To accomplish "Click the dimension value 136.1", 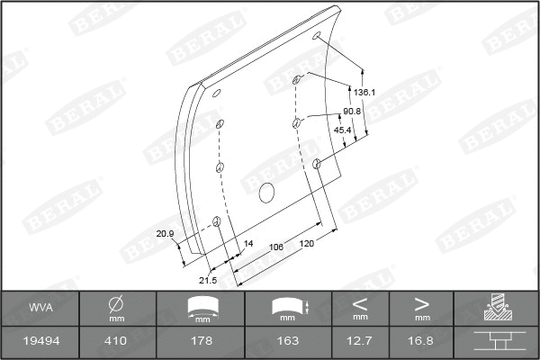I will coord(364,93).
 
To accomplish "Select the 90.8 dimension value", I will coord(352,111).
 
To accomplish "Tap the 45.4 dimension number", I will coord(343,130).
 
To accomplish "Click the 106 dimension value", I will coord(276,246).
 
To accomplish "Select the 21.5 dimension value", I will coord(208,280).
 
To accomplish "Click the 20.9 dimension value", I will coord(165,234).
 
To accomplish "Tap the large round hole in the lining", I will coord(265,192).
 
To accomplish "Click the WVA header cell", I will coord(40,308).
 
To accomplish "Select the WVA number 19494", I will coord(40,341).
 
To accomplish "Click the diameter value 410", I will coord(116,341).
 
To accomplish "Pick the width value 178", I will coord(202,341).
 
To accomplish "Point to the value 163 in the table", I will coord(287,341).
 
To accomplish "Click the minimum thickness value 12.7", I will coord(360,341).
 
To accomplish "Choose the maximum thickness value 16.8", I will coord(421,341).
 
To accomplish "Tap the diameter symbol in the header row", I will coord(116,304).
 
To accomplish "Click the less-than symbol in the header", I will coord(360,302).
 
